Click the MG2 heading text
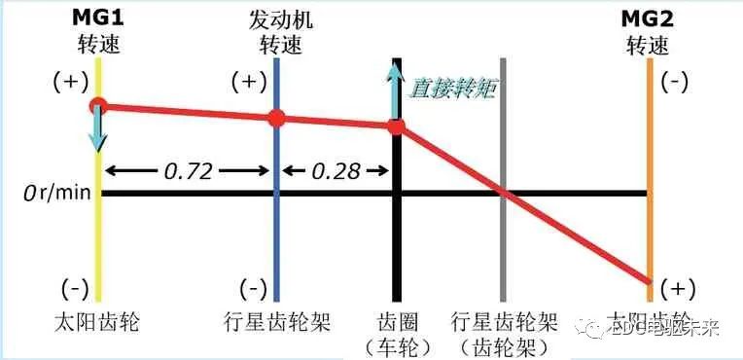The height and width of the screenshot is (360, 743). (647, 18)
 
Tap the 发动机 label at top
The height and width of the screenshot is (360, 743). (279, 18)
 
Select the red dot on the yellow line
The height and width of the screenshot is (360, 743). (97, 105)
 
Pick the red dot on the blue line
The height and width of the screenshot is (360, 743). (277, 119)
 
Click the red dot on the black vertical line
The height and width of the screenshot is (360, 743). (396, 126)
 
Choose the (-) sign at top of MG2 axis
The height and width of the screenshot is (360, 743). (674, 84)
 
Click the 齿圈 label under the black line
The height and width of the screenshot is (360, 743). (396, 322)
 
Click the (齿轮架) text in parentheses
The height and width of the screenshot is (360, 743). (505, 347)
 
